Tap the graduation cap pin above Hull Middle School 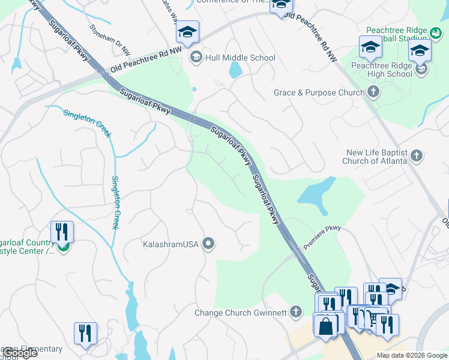pyautogui.click(x=187, y=33)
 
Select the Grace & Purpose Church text pyautogui.click(x=319, y=93)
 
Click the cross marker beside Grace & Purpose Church pyautogui.click(x=373, y=92)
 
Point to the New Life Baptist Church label pyautogui.click(x=375, y=157)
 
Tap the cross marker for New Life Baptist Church pyautogui.click(x=417, y=157)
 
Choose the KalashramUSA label pyautogui.click(x=170, y=244)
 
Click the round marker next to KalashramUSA pyautogui.click(x=208, y=243)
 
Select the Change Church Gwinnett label pyautogui.click(x=241, y=312)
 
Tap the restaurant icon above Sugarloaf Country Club pyautogui.click(x=62, y=233)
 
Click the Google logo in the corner pyautogui.click(x=19, y=353)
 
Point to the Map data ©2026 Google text pyautogui.click(x=412, y=355)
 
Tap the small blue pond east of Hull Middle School pyautogui.click(x=235, y=70)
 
